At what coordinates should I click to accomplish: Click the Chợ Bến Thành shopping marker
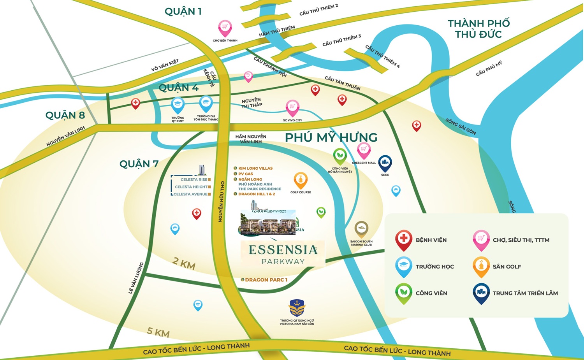(225, 28)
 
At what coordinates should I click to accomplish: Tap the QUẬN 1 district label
(183, 11)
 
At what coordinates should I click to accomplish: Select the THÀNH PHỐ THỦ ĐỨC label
(478, 29)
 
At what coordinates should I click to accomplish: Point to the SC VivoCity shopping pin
(292, 107)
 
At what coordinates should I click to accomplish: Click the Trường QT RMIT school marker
(178, 104)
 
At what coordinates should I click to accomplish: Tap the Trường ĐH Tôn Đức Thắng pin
(206, 103)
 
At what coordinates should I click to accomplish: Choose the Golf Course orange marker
(301, 180)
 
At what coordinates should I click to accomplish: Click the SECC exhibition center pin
(385, 163)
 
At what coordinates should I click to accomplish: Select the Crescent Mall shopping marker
(364, 150)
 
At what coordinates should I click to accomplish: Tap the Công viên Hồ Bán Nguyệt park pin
(340, 156)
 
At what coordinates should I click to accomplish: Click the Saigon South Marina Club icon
(361, 229)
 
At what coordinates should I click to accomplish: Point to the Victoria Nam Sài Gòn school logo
(297, 308)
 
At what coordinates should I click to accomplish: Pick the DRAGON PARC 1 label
(266, 280)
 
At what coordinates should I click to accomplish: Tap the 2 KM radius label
(184, 263)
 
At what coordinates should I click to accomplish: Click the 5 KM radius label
(158, 332)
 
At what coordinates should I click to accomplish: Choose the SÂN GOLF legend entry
(507, 267)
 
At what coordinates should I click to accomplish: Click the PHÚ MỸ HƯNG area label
(331, 137)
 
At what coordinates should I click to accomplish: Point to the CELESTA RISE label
(194, 179)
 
